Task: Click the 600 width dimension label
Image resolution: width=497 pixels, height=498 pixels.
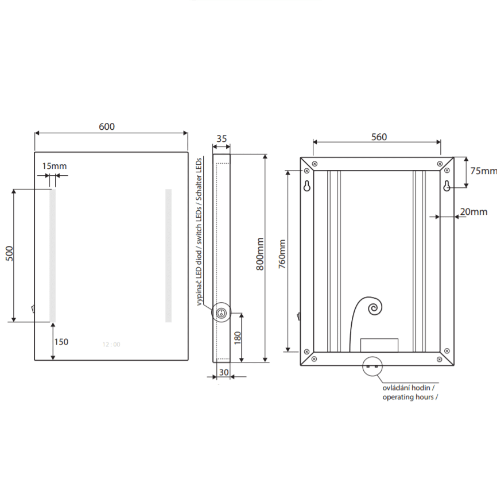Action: pyautogui.click(x=107, y=126)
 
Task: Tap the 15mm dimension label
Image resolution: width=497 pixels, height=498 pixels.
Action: pyautogui.click(x=55, y=166)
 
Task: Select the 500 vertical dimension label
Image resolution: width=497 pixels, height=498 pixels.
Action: pyautogui.click(x=10, y=253)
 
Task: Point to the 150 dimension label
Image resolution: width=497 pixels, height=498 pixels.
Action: pyautogui.click(x=61, y=342)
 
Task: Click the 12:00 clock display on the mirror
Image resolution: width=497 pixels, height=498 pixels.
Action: pyautogui.click(x=111, y=344)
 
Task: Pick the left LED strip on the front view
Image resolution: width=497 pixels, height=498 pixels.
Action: pyautogui.click(x=52, y=256)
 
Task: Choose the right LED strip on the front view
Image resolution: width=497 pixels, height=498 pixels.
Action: pyautogui.click(x=169, y=256)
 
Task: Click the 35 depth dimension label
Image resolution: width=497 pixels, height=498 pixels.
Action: pyautogui.click(x=222, y=138)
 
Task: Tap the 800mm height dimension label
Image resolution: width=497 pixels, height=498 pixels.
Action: pyautogui.click(x=260, y=254)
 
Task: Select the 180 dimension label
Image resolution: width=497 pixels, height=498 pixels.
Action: pyautogui.click(x=238, y=338)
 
